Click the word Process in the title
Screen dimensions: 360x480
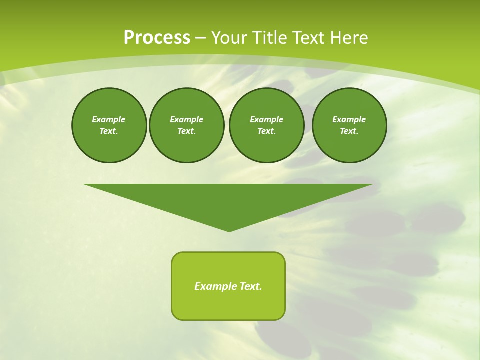(157, 38)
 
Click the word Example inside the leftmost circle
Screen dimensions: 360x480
(109, 119)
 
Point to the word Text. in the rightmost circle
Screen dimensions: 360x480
(349, 131)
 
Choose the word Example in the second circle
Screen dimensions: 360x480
(187, 119)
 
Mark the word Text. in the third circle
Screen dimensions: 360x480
(267, 131)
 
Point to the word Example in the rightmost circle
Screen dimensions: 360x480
(349, 119)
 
